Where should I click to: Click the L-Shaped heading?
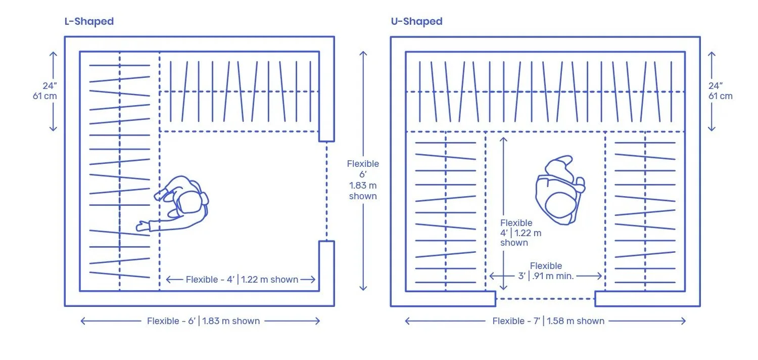point(89,21)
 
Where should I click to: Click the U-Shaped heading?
point(416,21)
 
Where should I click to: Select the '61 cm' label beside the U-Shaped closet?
point(720,96)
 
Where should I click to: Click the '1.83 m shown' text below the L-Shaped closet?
point(231,321)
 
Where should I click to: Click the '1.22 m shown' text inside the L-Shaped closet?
point(270,280)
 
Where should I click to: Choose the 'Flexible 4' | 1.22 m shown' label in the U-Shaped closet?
point(520,233)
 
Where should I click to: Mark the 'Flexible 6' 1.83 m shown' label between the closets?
point(363,179)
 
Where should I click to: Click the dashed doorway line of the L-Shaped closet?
point(326,191)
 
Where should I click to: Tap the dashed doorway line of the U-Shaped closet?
point(545,299)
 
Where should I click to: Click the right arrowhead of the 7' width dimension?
point(684,321)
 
